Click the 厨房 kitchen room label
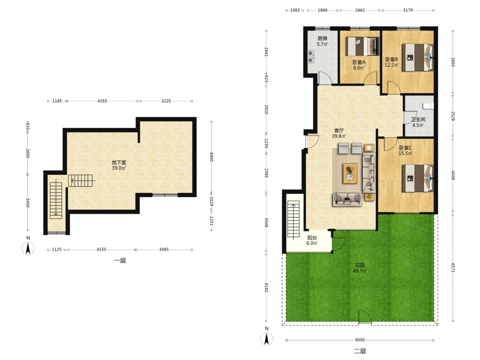click(323, 41)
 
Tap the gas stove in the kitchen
click(311, 57)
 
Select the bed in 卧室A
click(362, 46)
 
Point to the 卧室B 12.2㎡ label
click(392, 62)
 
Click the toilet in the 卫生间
click(429, 106)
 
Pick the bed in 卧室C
click(418, 179)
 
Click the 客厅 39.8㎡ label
click(339, 133)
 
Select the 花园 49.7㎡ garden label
click(360, 268)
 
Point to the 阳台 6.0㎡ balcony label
click(312, 240)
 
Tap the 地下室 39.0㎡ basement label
click(119, 165)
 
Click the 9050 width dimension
click(360, 340)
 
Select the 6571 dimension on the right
click(453, 267)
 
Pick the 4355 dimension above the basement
click(102, 101)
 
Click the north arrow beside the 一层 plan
click(28, 248)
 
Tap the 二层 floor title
click(360, 351)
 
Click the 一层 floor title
click(120, 261)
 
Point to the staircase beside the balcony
click(293, 220)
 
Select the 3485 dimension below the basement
click(164, 250)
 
